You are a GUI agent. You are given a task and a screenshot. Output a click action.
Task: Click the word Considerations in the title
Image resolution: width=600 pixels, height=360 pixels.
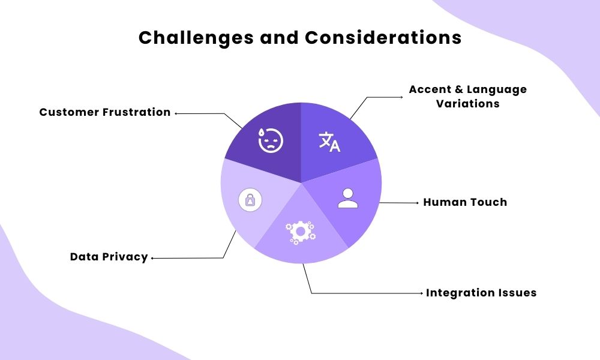(383, 38)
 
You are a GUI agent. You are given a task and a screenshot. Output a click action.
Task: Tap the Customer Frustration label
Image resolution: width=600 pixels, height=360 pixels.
(105, 112)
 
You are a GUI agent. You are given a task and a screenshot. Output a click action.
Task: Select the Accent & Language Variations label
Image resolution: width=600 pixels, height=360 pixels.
(467, 96)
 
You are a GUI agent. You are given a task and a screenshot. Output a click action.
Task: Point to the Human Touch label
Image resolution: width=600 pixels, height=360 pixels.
(465, 202)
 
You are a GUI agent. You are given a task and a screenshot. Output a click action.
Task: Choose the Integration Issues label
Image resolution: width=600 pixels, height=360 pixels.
(481, 293)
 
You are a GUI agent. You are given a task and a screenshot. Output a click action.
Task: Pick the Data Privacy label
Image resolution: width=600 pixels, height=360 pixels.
(109, 257)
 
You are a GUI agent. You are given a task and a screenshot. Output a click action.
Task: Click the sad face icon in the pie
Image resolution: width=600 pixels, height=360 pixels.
(271, 140)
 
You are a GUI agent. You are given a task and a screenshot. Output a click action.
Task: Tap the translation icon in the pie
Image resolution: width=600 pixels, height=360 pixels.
(329, 142)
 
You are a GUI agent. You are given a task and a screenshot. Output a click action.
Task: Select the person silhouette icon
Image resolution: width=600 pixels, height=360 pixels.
(347, 199)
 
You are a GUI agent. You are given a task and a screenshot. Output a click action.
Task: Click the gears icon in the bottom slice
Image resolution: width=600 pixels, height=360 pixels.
(300, 232)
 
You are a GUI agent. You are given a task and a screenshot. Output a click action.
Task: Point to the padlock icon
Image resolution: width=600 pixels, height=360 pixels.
(250, 200)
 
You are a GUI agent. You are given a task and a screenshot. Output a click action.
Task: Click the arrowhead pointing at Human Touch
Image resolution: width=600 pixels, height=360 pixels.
(418, 203)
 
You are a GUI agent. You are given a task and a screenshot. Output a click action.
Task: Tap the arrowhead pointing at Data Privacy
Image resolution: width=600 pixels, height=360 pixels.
(152, 258)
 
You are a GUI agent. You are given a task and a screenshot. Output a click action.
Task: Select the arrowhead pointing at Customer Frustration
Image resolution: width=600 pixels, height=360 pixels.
(175, 113)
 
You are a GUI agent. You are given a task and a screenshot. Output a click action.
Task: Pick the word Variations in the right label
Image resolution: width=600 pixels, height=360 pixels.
(468, 103)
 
